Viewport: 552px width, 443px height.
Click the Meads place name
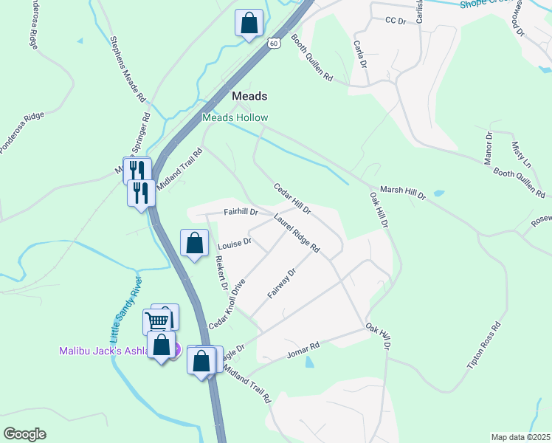(x=249, y=96)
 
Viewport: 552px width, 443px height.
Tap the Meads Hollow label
(x=235, y=118)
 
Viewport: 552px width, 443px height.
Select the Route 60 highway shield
(x=274, y=44)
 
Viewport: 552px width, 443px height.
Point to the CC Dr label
(x=396, y=21)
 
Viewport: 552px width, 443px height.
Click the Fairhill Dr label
(x=241, y=212)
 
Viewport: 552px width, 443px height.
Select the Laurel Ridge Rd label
(x=296, y=233)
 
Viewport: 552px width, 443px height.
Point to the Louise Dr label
(x=235, y=241)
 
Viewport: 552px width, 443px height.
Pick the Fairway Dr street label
(x=281, y=284)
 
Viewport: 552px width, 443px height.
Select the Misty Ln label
(x=522, y=151)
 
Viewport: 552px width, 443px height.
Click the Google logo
(x=24, y=434)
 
